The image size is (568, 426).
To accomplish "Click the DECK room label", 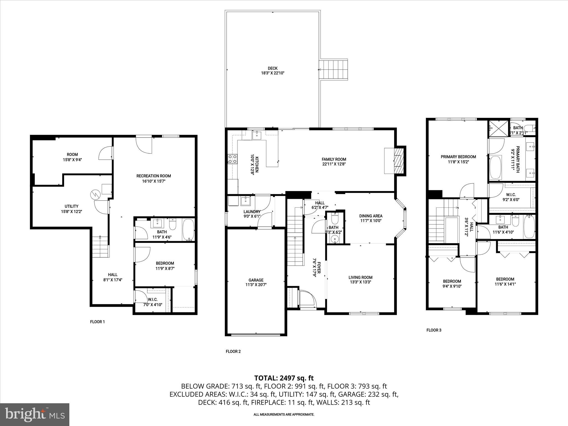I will tap(273, 68).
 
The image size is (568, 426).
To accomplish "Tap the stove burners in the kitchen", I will tap(232, 159).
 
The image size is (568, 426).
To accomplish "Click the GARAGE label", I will tap(256, 280).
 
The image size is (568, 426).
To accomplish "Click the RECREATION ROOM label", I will tap(153, 176).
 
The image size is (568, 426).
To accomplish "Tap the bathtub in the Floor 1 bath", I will tap(189, 230).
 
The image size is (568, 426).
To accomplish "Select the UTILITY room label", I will tap(71, 206).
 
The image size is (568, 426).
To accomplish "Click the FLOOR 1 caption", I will tap(97, 322).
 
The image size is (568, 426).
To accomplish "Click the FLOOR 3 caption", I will tap(434, 330).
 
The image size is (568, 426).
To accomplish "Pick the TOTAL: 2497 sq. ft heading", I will tap(284, 378).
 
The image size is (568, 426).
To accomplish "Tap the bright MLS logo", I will tap(34, 414).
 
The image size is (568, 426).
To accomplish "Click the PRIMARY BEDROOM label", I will tap(458, 157).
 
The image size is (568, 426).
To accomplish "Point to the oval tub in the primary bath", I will tap(495, 167).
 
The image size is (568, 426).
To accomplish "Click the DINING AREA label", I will tap(371, 216).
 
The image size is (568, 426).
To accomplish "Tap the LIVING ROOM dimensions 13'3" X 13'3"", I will tap(360, 282).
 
